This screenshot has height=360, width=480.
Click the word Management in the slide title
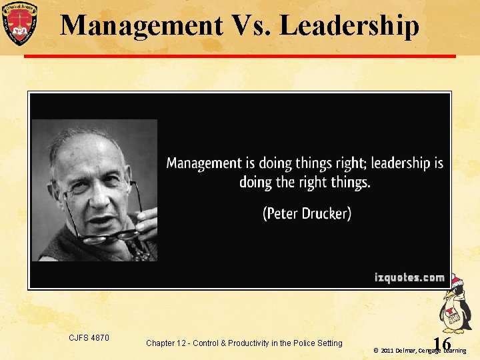tap(141, 25)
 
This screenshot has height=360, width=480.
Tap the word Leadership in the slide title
tap(349, 25)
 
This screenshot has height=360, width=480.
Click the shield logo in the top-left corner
tap(20, 22)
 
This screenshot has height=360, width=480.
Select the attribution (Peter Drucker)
tap(307, 214)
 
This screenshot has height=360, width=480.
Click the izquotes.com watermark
tap(409, 277)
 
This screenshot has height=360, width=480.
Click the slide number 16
tap(441, 343)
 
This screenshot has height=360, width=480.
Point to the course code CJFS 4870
tap(89, 338)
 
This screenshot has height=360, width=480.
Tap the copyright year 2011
tap(389, 350)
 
